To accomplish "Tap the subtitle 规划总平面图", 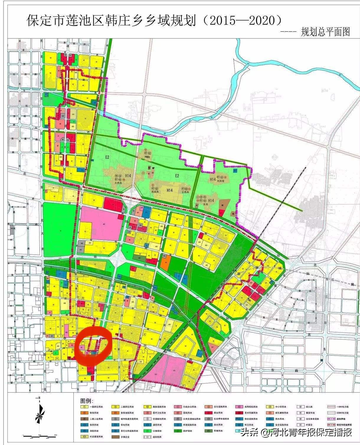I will point(325,32).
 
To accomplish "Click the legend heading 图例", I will point(87,401).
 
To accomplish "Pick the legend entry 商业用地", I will point(219,413).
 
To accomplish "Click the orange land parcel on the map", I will point(166,261).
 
